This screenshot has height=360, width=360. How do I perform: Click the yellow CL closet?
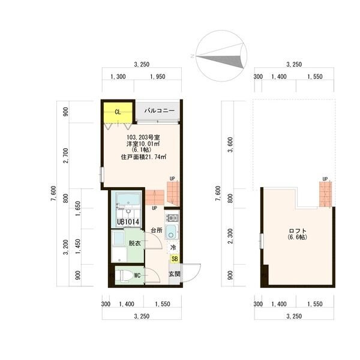[x=118, y=113]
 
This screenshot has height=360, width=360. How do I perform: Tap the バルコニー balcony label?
[x=160, y=110]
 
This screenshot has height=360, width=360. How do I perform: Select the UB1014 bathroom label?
[x=128, y=222]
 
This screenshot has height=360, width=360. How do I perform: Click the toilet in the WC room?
[x=124, y=275]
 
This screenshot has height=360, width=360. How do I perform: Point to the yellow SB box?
[x=175, y=259]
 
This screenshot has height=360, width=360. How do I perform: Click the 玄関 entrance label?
[x=175, y=274]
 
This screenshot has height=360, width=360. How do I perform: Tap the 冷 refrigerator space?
[x=173, y=247]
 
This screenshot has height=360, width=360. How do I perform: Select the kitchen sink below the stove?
[x=171, y=232]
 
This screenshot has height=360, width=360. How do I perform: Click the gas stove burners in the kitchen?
[x=172, y=217]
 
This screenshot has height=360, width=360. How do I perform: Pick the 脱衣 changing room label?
[x=135, y=243]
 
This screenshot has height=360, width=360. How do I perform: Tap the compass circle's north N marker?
[x=192, y=56]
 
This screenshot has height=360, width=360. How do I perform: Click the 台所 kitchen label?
[x=157, y=230]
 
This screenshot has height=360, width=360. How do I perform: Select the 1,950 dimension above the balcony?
[x=158, y=77]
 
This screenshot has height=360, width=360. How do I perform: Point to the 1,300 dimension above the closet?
[x=118, y=77]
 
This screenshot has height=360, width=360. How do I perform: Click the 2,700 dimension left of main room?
[x=66, y=155]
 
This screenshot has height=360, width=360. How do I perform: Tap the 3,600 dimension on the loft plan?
[x=230, y=145]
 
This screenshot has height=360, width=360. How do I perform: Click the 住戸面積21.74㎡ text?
[x=144, y=157]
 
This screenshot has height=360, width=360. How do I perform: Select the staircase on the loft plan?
[x=326, y=194]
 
